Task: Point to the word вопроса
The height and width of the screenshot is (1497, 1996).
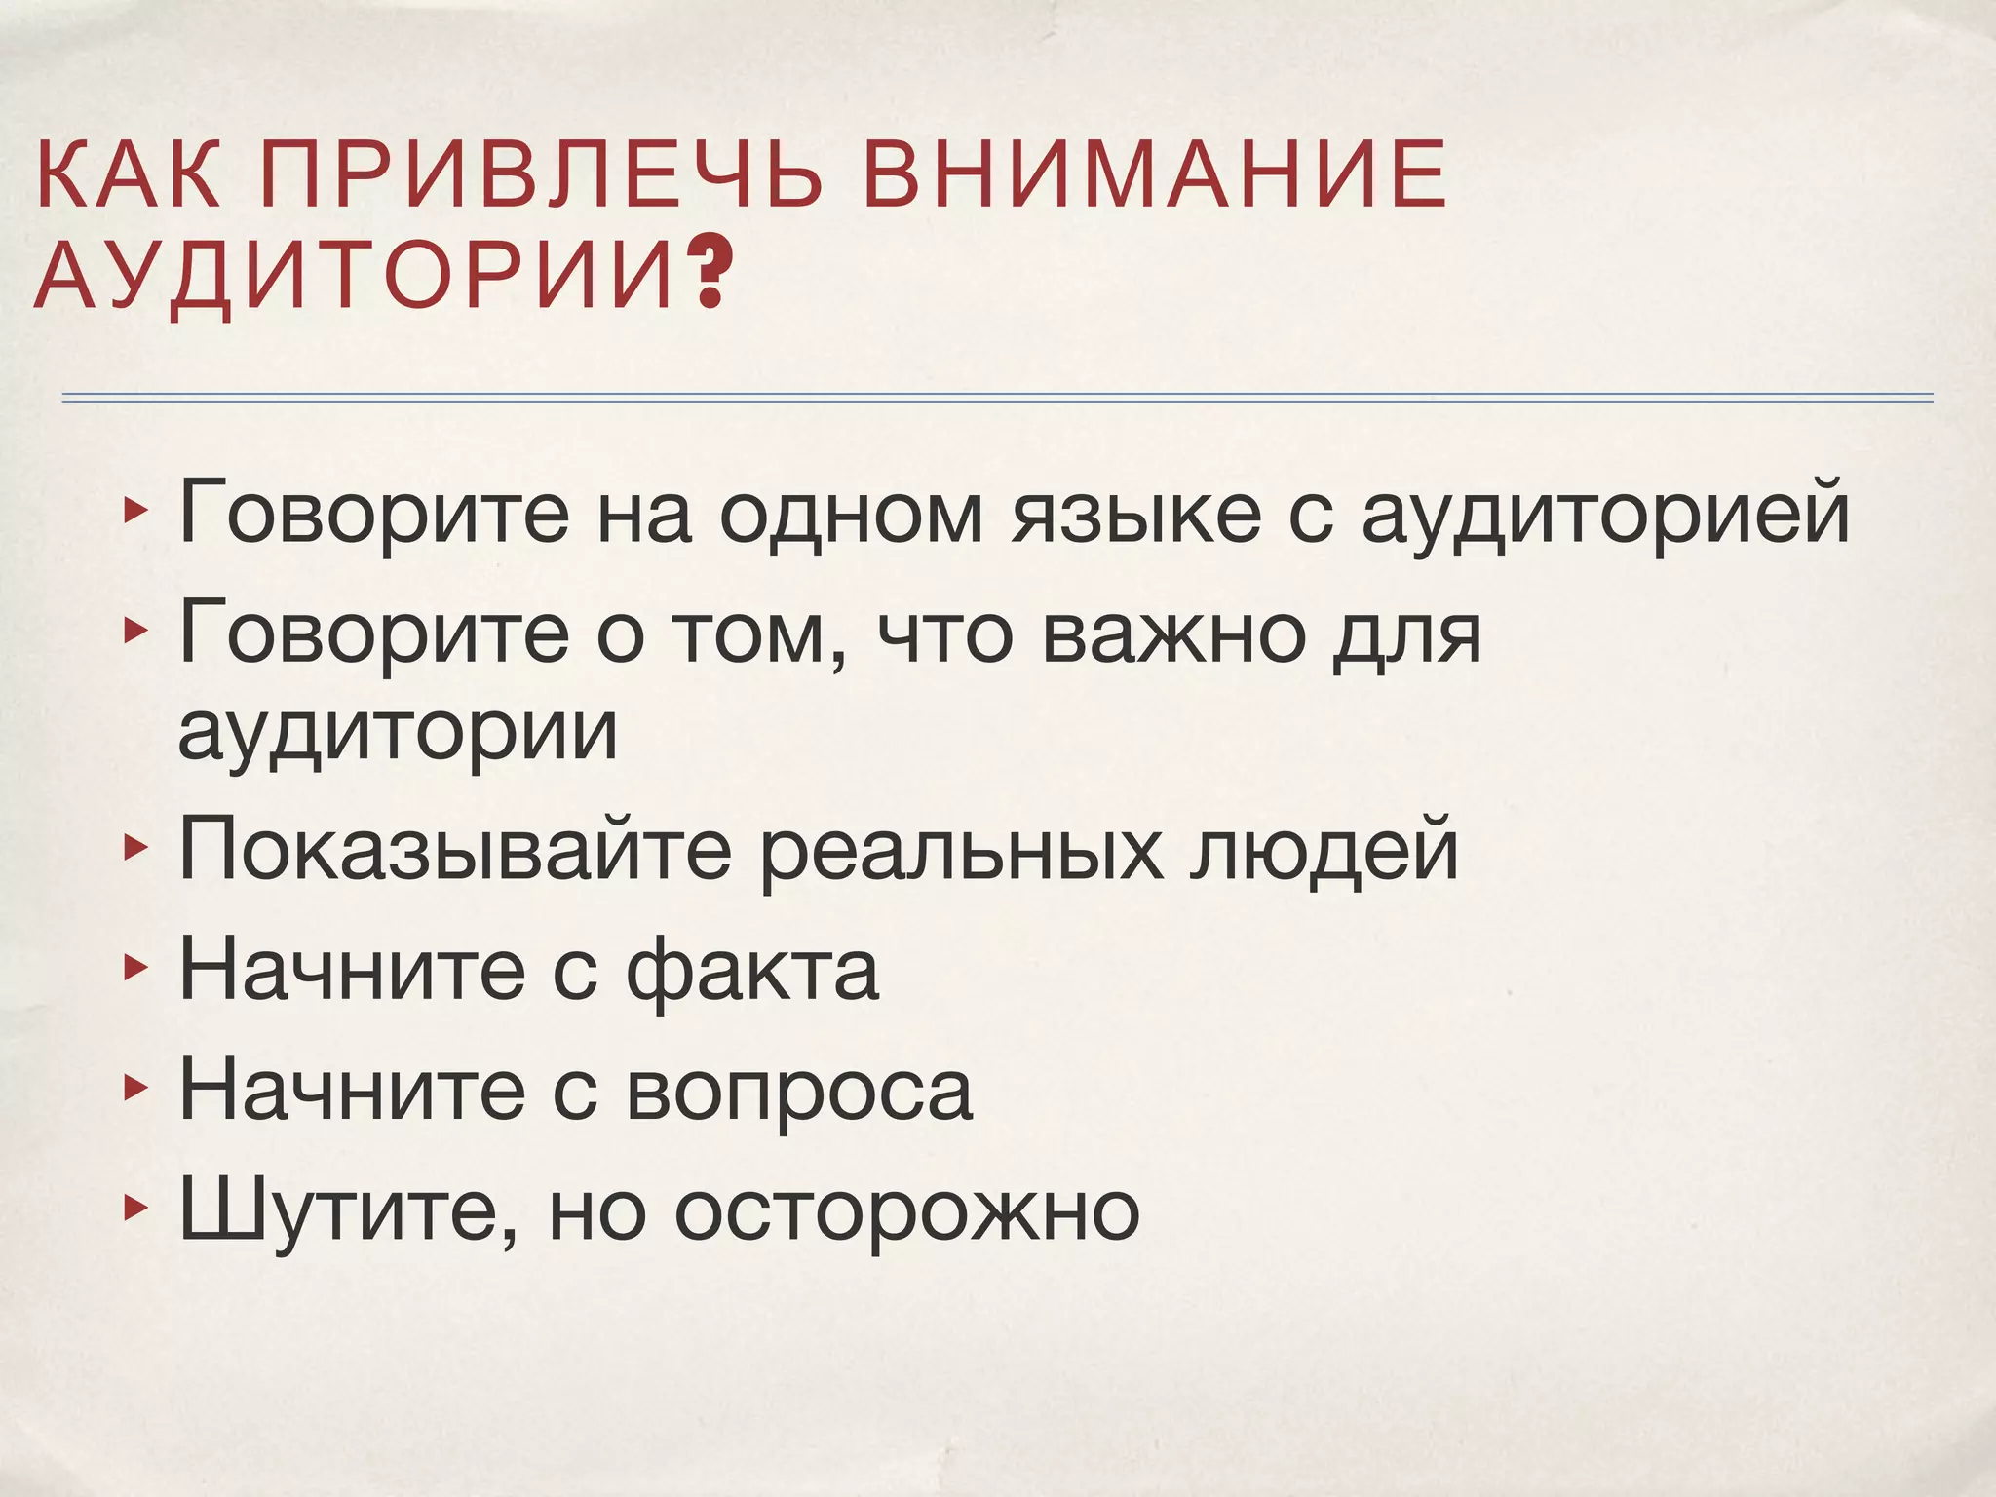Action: pos(798,1093)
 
